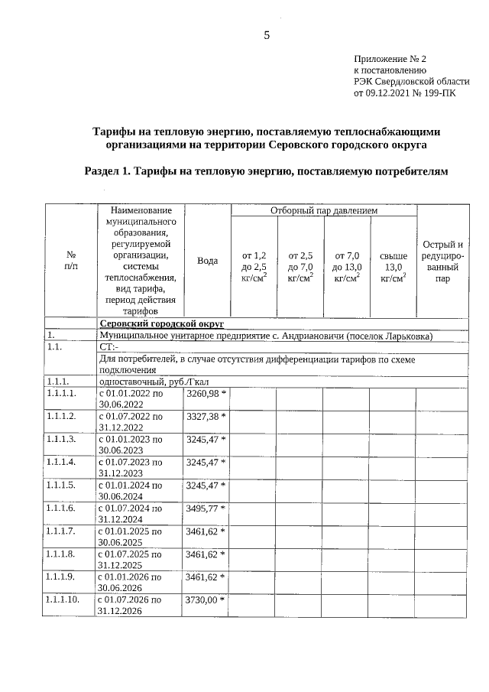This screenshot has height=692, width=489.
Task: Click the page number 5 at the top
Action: point(267,35)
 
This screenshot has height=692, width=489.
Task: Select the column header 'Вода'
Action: point(207,261)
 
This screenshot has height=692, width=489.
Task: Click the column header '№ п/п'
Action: point(71,261)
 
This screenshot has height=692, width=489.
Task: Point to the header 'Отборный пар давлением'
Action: point(324,210)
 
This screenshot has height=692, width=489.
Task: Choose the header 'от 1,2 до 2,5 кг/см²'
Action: point(254,267)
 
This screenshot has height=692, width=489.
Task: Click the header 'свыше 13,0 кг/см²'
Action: point(393,267)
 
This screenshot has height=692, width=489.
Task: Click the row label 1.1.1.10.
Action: point(63,600)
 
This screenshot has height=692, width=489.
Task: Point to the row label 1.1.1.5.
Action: point(61,486)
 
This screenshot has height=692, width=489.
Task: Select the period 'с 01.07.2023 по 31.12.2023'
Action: point(131,468)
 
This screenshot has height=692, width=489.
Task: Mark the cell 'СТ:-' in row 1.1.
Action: point(110,347)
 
